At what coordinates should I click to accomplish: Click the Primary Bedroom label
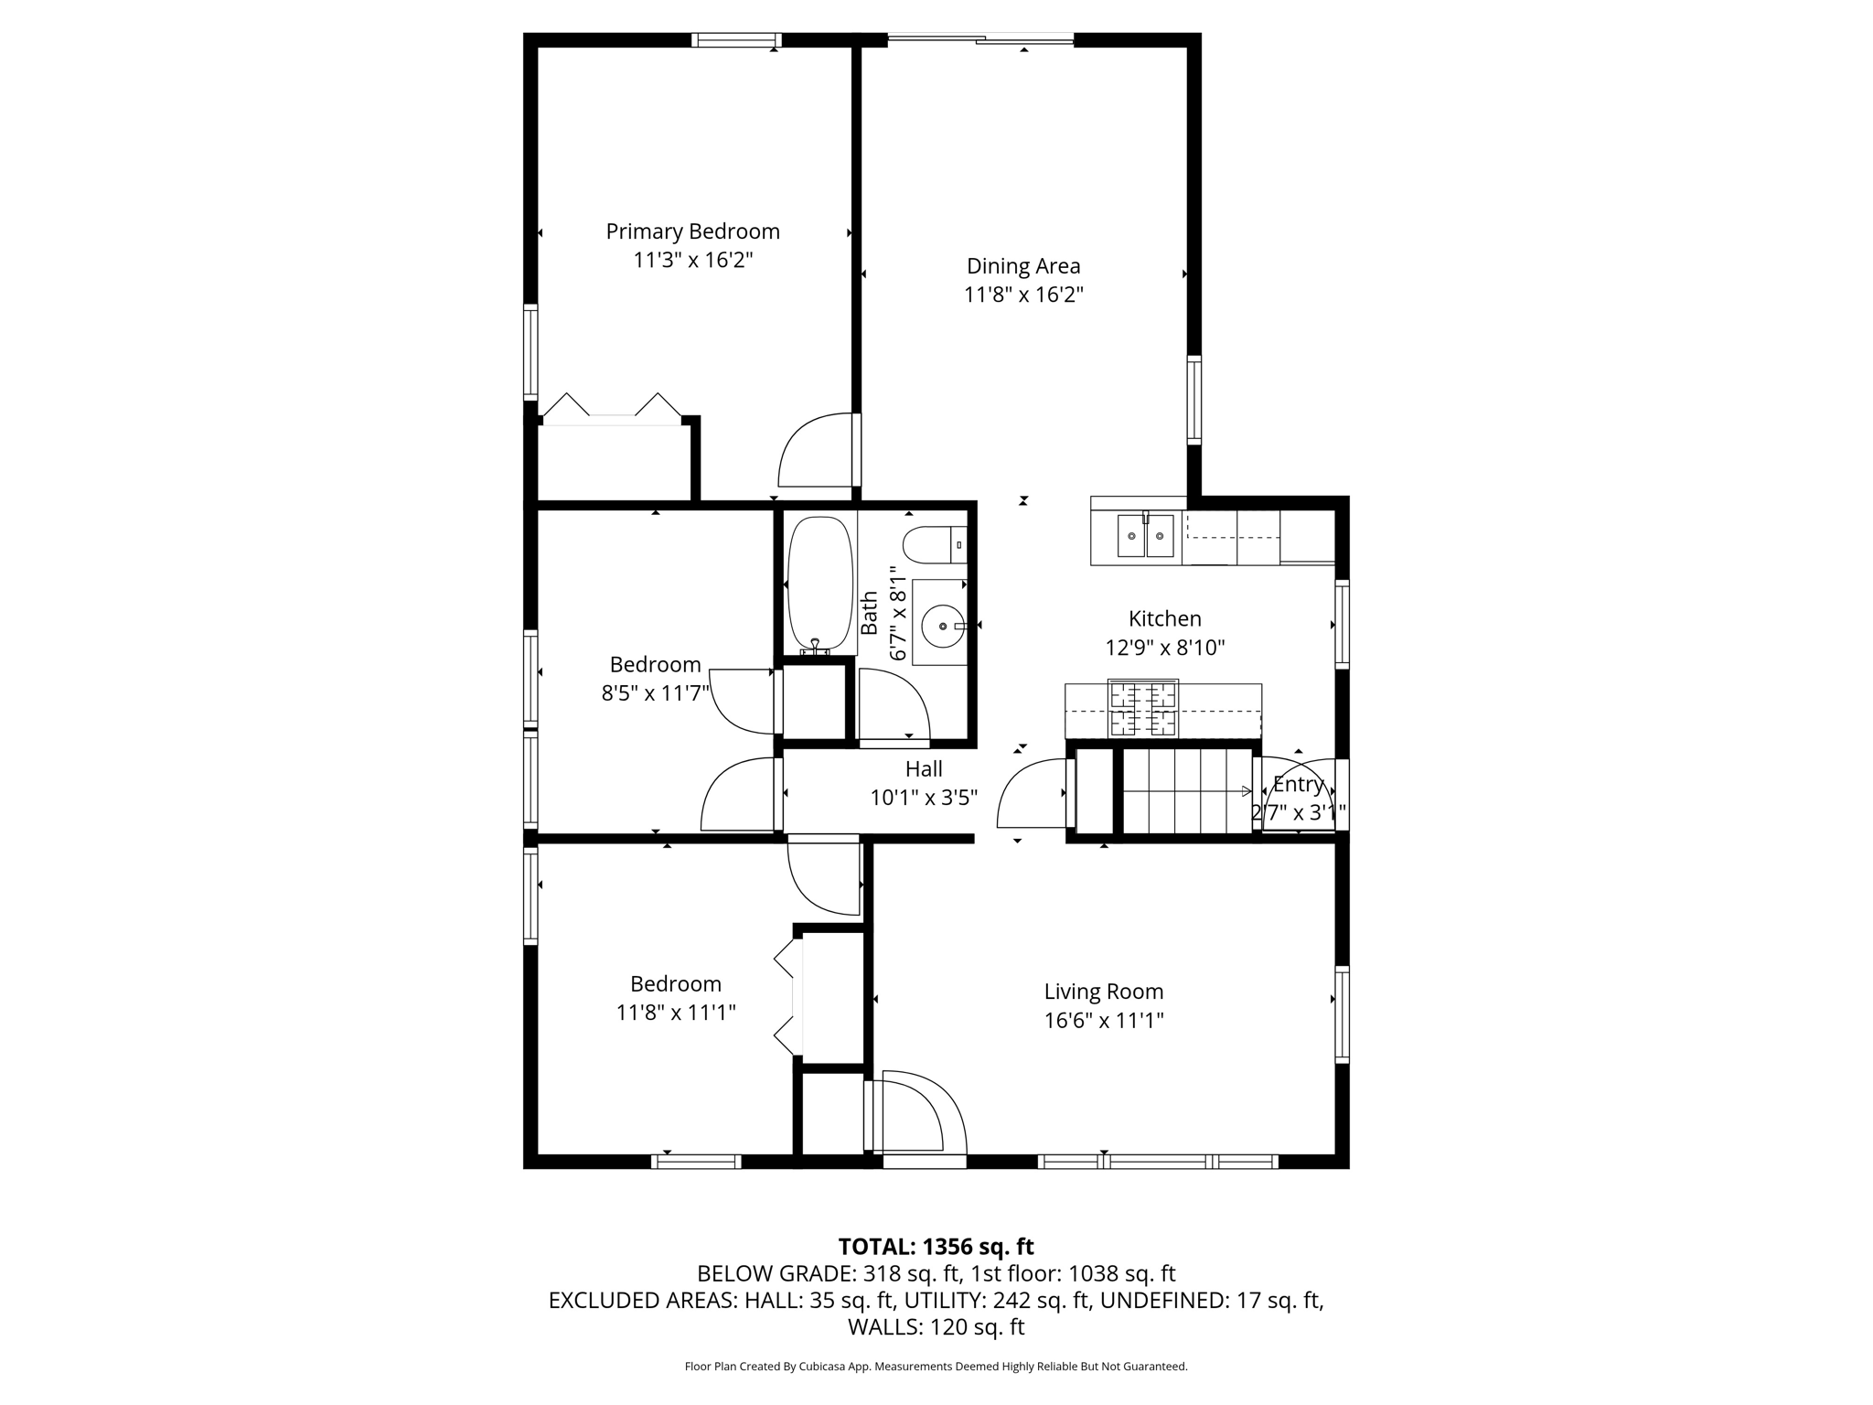(x=692, y=231)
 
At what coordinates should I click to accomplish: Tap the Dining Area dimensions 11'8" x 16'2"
(x=1023, y=295)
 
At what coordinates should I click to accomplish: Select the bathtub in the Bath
(x=820, y=584)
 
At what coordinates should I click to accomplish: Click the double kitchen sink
(x=1145, y=535)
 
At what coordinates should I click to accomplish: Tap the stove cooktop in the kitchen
(x=1142, y=708)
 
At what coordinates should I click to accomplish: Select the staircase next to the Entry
(x=1186, y=791)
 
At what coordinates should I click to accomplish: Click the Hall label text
(x=924, y=769)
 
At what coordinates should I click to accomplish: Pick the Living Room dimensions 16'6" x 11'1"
(x=1104, y=1020)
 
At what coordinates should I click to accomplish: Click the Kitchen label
(x=1164, y=619)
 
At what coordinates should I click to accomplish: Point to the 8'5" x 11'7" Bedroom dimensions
(x=655, y=693)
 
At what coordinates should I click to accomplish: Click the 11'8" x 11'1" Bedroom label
(x=676, y=984)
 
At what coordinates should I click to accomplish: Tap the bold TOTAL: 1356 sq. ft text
(x=936, y=1247)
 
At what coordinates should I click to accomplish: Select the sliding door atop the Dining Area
(x=980, y=38)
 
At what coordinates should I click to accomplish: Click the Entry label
(x=1298, y=785)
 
